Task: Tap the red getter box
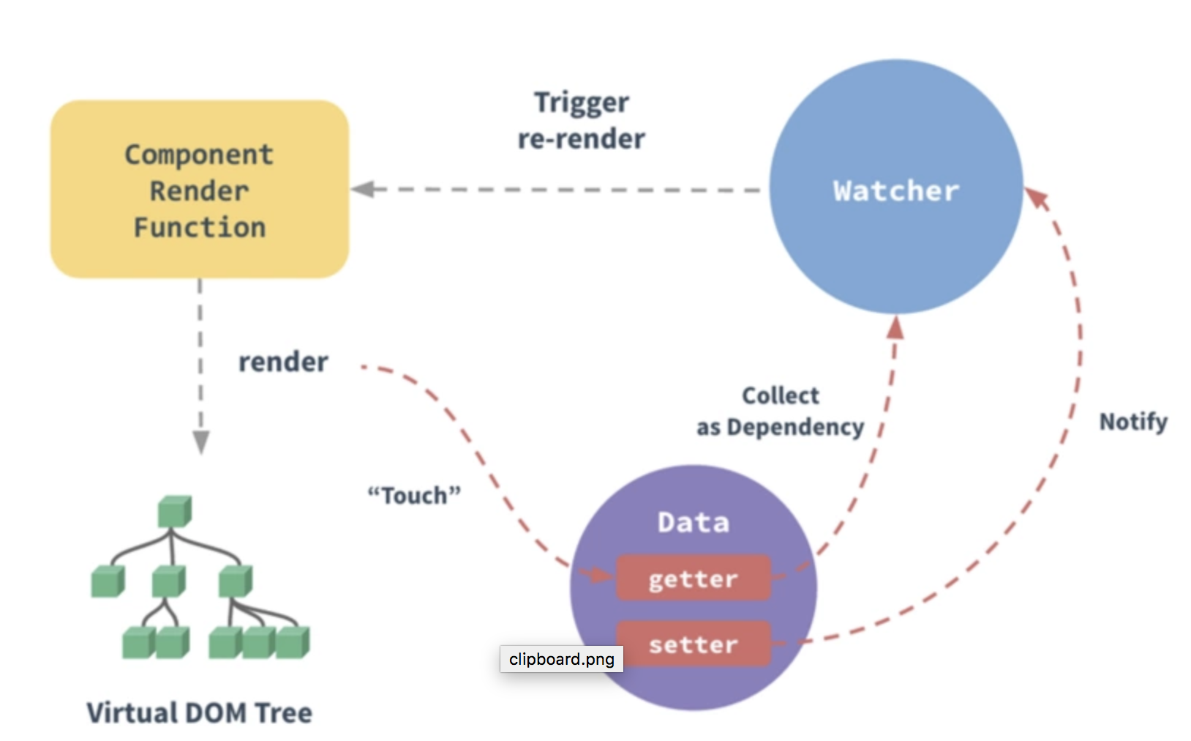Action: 693,578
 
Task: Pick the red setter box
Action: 693,644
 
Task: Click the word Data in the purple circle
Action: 693,523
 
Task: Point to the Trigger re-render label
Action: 582,121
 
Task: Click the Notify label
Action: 1132,422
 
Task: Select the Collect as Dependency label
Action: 780,412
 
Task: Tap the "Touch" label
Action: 414,496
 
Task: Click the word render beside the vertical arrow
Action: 283,362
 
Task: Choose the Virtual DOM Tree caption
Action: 199,712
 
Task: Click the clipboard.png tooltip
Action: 561,659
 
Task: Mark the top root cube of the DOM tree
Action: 174,511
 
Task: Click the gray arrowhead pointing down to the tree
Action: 200,442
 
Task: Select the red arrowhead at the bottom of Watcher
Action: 895,327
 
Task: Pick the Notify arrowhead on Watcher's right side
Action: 1037,198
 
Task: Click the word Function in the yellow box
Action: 199,228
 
